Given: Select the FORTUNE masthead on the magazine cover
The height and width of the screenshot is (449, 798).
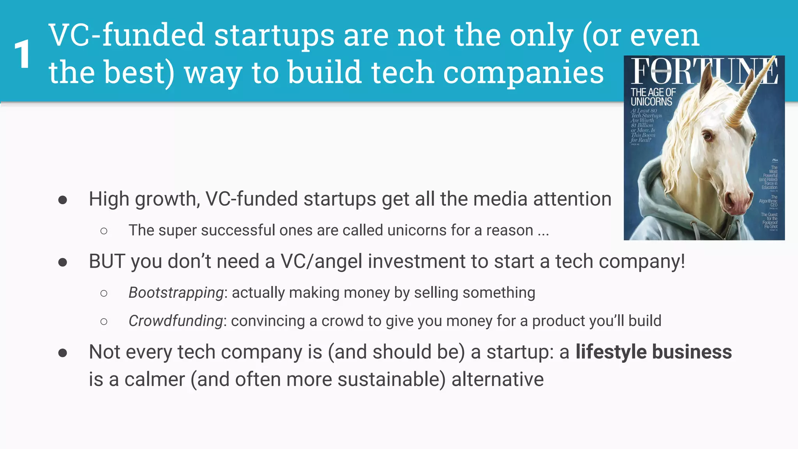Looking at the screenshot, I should [x=704, y=71].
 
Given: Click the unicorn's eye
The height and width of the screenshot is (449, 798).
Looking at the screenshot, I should [x=707, y=136].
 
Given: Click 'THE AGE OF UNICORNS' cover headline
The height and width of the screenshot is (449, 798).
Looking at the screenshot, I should [x=653, y=97].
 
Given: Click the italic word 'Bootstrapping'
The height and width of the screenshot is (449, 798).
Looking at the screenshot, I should [x=176, y=293].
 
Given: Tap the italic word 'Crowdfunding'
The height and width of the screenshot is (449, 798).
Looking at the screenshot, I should [x=176, y=321].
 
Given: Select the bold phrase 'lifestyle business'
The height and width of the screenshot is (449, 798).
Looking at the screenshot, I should [x=653, y=352].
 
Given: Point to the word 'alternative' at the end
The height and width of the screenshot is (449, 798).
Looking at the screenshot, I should [x=498, y=380].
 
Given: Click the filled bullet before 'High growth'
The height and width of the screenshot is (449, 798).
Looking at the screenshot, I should [x=62, y=200].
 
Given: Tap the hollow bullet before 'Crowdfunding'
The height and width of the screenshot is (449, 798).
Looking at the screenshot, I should [x=104, y=322].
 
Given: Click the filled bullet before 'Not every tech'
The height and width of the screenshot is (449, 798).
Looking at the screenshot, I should [x=62, y=353].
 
